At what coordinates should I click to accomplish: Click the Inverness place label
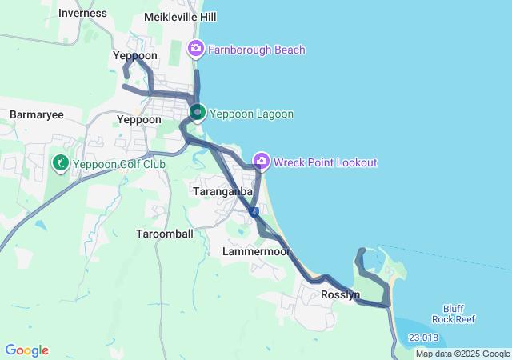click(82, 13)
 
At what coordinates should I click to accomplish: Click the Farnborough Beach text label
click(256, 50)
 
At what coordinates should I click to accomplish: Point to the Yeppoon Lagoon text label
click(251, 114)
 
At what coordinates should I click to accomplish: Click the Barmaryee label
click(36, 115)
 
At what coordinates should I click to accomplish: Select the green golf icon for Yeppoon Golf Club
click(60, 165)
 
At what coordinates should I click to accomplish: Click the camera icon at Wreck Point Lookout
click(261, 162)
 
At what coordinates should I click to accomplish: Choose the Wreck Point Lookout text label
click(325, 162)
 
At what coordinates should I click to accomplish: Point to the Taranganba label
click(223, 192)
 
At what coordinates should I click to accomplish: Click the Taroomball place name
click(164, 234)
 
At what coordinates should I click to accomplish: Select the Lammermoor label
click(256, 251)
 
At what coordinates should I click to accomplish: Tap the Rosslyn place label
click(339, 294)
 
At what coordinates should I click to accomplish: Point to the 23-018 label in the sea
click(422, 338)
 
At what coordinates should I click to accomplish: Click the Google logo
click(26, 350)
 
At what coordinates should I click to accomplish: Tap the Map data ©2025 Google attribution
click(462, 354)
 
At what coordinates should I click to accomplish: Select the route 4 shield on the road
click(253, 212)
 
